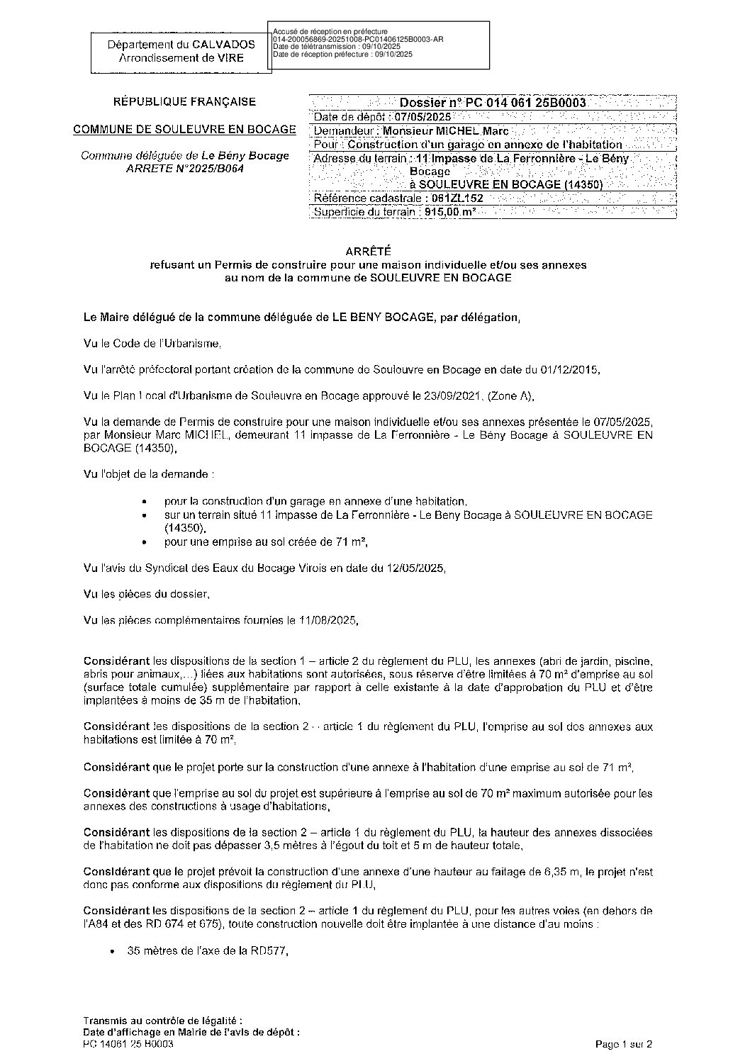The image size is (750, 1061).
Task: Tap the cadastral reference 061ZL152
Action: (x=457, y=198)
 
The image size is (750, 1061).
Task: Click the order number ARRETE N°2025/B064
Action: (x=185, y=169)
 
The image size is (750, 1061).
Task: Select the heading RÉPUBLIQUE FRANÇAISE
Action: (x=185, y=102)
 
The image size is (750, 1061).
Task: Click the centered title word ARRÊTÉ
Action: (x=368, y=252)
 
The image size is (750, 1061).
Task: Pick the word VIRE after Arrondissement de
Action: (x=229, y=57)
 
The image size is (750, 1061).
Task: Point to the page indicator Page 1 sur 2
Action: (x=623, y=1044)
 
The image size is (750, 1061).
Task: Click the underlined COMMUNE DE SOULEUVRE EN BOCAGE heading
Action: (x=185, y=130)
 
